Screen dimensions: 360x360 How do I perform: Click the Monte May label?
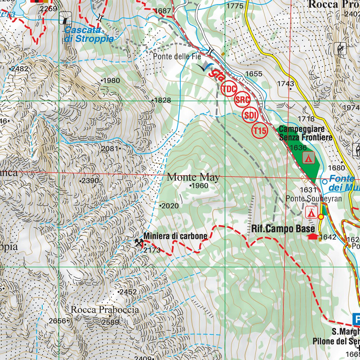coord(193,177)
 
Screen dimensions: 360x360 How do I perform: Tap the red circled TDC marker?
coord(229,89)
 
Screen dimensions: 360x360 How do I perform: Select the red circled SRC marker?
coord(242,100)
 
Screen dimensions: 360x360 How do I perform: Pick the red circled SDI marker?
coord(250,115)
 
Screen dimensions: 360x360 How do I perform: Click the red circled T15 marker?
coord(260,131)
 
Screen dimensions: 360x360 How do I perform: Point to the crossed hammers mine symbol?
coord(139,242)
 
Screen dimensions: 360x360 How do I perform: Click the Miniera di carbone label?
coord(175,236)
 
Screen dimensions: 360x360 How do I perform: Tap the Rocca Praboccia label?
coord(105,310)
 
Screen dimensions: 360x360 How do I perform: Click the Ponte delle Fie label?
coord(177,56)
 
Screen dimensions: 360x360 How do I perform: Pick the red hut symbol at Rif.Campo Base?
coord(312,237)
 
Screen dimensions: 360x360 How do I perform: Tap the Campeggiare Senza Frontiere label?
coord(305,133)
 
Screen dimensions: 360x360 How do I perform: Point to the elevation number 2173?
coord(152,250)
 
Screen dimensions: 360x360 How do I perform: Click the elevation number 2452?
coord(128,292)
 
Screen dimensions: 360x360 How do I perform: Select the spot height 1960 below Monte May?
coord(200,186)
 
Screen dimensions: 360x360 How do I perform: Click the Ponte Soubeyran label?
coord(314,199)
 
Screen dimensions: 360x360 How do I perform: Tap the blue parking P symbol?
coord(356,320)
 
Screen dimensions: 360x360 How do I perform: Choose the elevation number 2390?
coord(90,181)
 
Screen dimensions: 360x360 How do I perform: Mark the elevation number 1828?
coord(162,100)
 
